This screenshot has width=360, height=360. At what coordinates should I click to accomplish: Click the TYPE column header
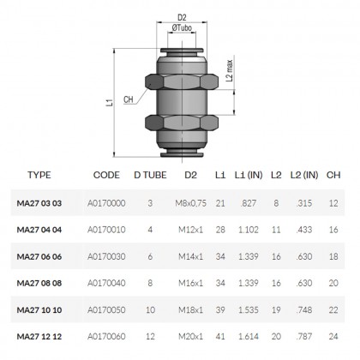pyautogui.click(x=39, y=175)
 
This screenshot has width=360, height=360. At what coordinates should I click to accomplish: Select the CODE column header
pyautogui.click(x=105, y=175)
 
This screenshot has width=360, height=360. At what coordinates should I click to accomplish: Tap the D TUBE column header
pyautogui.click(x=150, y=175)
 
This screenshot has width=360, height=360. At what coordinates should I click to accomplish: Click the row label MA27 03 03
pyautogui.click(x=39, y=203)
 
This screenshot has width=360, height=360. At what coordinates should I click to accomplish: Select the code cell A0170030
pyautogui.click(x=105, y=258)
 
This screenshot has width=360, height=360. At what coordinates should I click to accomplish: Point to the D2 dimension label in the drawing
pyautogui.click(x=181, y=15)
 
